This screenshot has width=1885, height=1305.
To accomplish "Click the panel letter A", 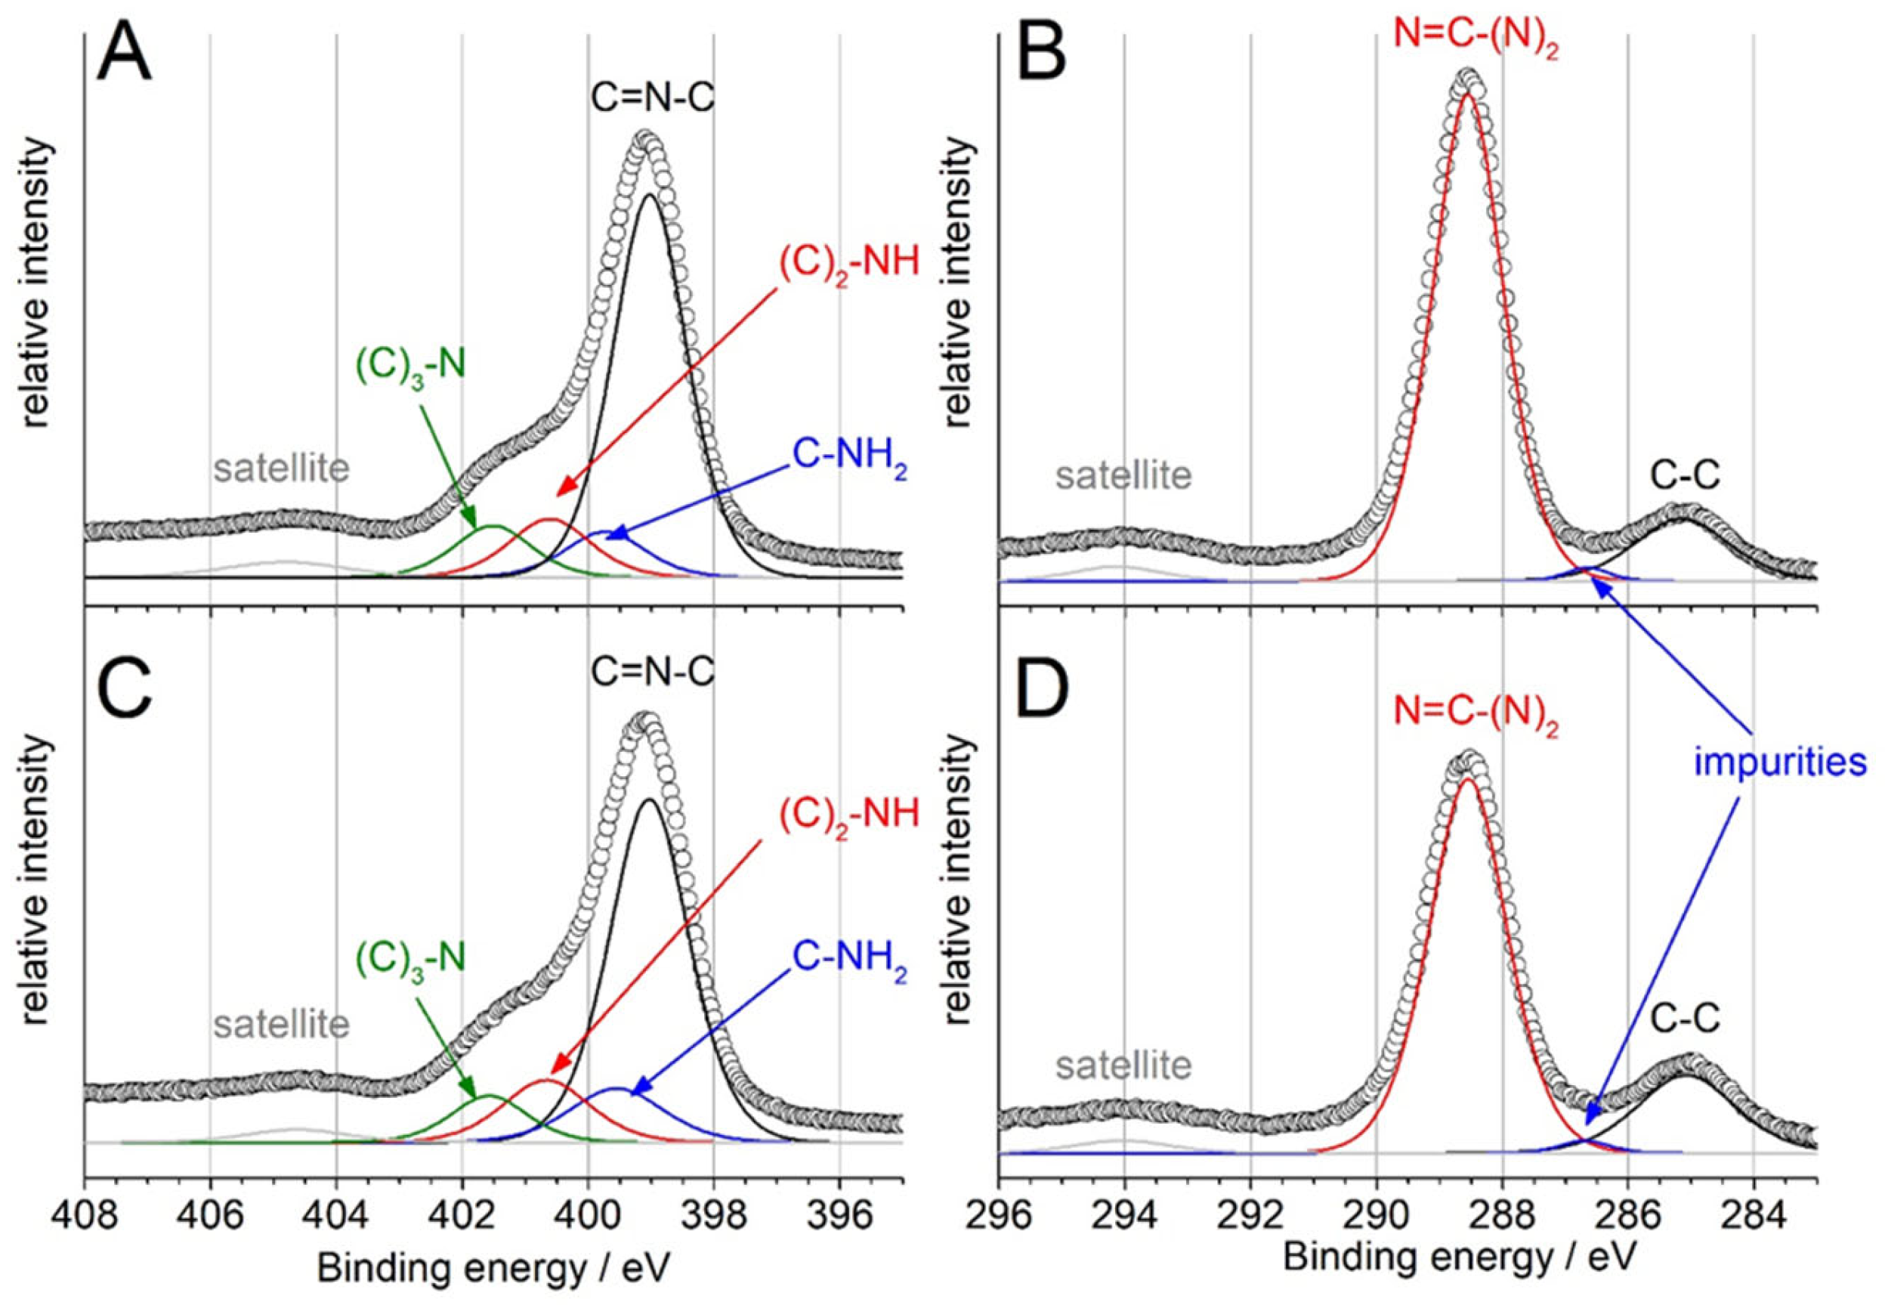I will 123,51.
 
